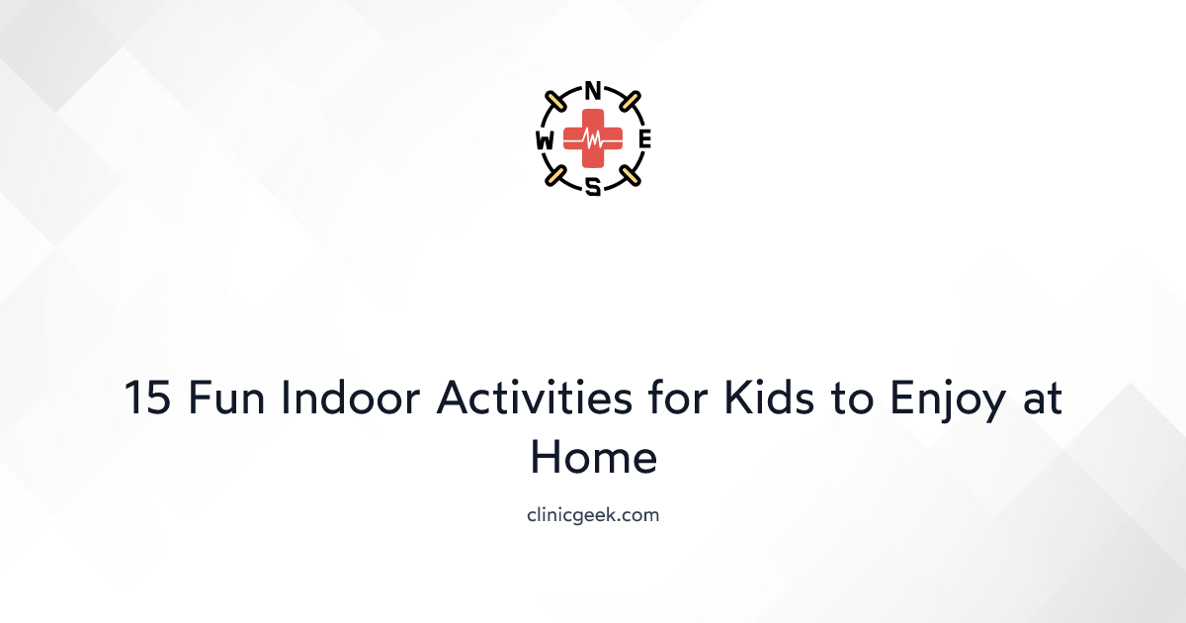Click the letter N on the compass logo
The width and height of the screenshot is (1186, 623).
[x=593, y=91]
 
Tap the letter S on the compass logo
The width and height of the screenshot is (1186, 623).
[x=593, y=186]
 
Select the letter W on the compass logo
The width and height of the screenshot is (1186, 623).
[x=545, y=140]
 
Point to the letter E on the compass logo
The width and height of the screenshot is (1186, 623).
[x=644, y=140]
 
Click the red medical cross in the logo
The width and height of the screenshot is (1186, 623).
[x=593, y=139]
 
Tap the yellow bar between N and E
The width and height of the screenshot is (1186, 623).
[x=629, y=101]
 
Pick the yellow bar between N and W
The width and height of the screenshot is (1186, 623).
[x=556, y=101]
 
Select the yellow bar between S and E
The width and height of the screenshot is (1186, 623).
[x=629, y=176]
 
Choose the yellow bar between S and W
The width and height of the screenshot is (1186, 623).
[x=556, y=176]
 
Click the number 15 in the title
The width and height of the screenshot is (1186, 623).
[x=148, y=400]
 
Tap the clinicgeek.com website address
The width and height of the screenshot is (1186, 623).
[x=593, y=515]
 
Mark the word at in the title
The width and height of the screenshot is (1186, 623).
[x=1039, y=400]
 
